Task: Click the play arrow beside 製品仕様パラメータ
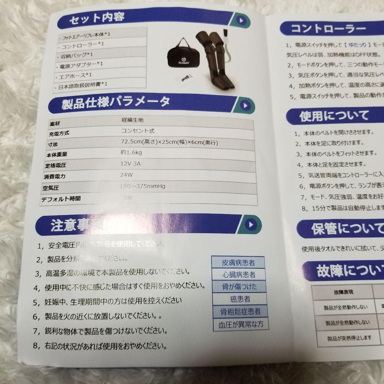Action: [x=245, y=105]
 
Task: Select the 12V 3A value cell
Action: [x=131, y=165]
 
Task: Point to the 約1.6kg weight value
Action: [x=131, y=153]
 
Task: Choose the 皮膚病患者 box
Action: [x=238, y=263]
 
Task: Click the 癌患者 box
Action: [x=240, y=299]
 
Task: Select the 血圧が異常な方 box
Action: [x=241, y=324]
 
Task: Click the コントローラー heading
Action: [x=328, y=29]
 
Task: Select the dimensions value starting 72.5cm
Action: [x=169, y=143]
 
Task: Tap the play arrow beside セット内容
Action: [x=241, y=20]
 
